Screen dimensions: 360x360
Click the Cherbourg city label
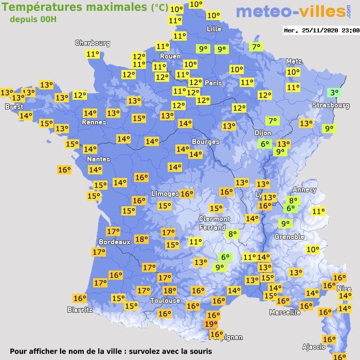coord(93,43)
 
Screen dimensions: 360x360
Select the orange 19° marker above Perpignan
coord(210,324)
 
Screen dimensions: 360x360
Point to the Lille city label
coord(214,29)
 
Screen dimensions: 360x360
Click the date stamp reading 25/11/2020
coord(321,30)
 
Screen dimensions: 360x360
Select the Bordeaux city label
coord(114,242)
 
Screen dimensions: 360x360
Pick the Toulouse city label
coord(165,300)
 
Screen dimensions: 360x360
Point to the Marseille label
coord(285,312)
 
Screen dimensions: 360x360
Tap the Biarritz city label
coord(80,310)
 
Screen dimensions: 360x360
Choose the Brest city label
coord(14,106)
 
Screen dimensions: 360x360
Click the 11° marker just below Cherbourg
coord(93,54)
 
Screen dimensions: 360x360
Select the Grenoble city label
coord(289,237)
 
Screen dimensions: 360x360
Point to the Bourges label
coord(205,141)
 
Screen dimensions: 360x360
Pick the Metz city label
coord(294,61)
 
